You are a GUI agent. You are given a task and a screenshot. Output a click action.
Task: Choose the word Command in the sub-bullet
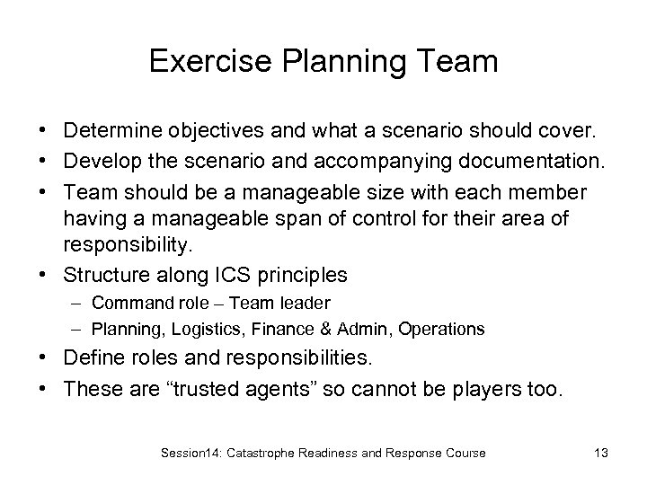click(x=125, y=303)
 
